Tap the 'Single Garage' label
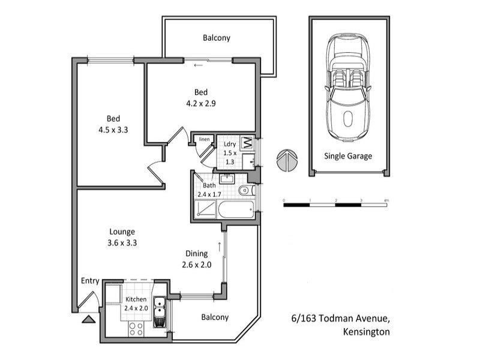(x=348, y=156)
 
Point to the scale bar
(x=336, y=205)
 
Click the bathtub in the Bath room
(x=236, y=211)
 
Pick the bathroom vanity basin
(x=228, y=178)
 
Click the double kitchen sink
(x=159, y=311)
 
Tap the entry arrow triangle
(x=89, y=320)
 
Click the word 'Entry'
(x=90, y=281)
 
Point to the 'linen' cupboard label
(x=204, y=140)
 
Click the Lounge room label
(x=122, y=231)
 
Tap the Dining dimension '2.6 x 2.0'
(x=197, y=265)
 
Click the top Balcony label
(x=216, y=38)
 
